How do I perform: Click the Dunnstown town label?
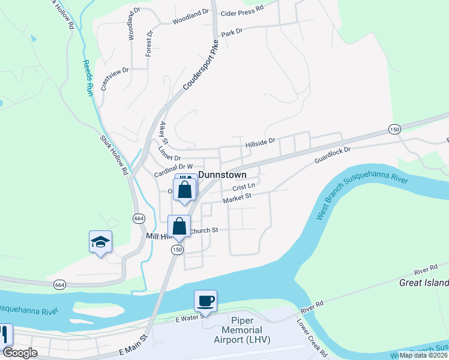pyautogui.click(x=222, y=175)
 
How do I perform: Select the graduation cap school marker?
pyautogui.click(x=101, y=242)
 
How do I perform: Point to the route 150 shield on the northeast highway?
pyautogui.click(x=394, y=129)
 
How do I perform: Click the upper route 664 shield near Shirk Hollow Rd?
pyautogui.click(x=139, y=218)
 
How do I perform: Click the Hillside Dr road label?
pyautogui.click(x=260, y=144)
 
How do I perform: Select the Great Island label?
pyautogui.click(x=424, y=283)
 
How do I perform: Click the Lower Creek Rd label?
pyautogui.click(x=312, y=337)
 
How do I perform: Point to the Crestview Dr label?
pyautogui.click(x=115, y=79)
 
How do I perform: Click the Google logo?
pyautogui.click(x=20, y=353)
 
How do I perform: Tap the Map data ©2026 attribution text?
pyautogui.click(x=423, y=355)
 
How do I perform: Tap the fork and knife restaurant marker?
pyautogui.click(x=5, y=334)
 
